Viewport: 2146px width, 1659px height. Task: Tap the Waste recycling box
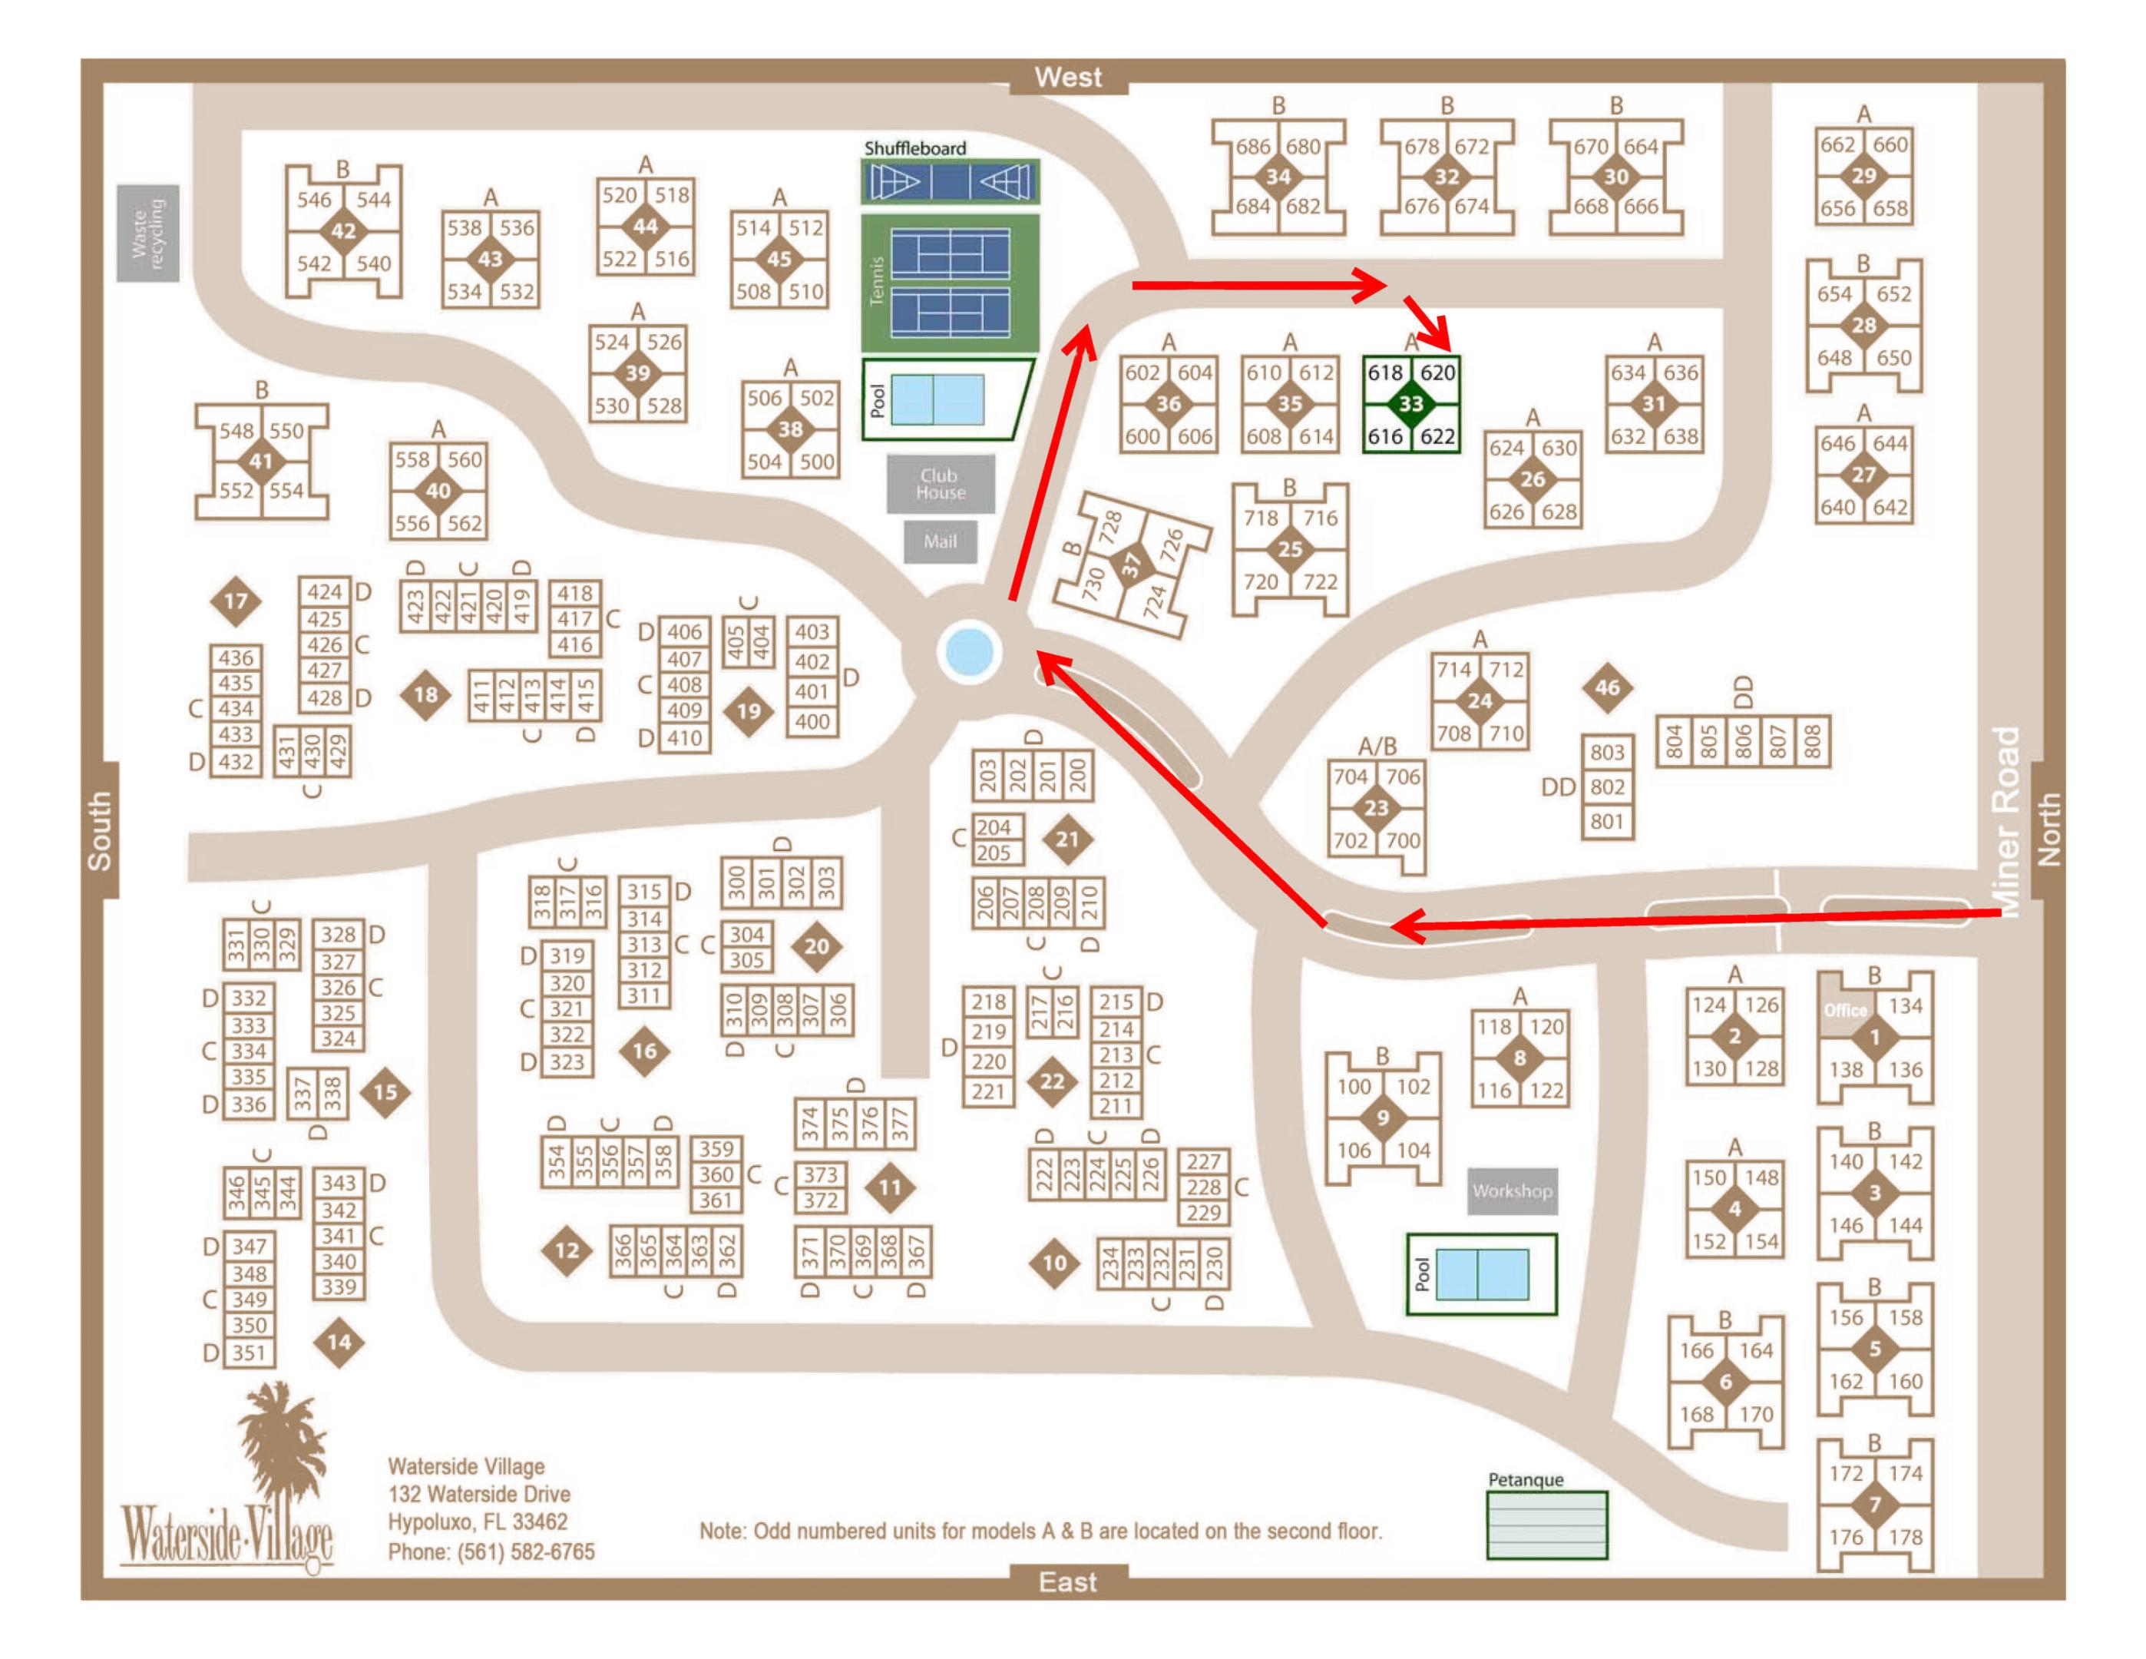coord(148,233)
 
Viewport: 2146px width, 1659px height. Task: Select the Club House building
coord(941,484)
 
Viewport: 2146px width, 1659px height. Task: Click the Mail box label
coord(941,541)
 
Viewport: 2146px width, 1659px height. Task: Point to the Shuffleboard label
coord(914,148)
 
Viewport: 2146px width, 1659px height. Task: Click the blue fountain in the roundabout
coord(969,651)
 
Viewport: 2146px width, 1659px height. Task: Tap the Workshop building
coord(1513,1191)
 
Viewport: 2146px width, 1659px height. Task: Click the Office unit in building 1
coord(1844,1009)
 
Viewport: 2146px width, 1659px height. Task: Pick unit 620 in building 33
coord(1437,373)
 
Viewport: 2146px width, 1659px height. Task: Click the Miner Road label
coord(2006,820)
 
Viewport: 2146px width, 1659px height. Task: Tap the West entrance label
coord(1068,77)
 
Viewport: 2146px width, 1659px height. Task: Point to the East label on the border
coord(1068,1582)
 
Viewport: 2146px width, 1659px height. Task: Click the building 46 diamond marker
coord(1608,688)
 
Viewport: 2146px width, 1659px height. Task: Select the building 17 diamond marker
coord(236,601)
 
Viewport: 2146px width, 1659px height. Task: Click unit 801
coord(1608,820)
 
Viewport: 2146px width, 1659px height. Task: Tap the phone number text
coord(491,1552)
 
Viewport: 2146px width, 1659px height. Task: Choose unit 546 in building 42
coord(315,200)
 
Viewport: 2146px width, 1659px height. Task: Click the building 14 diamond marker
coord(339,1342)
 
